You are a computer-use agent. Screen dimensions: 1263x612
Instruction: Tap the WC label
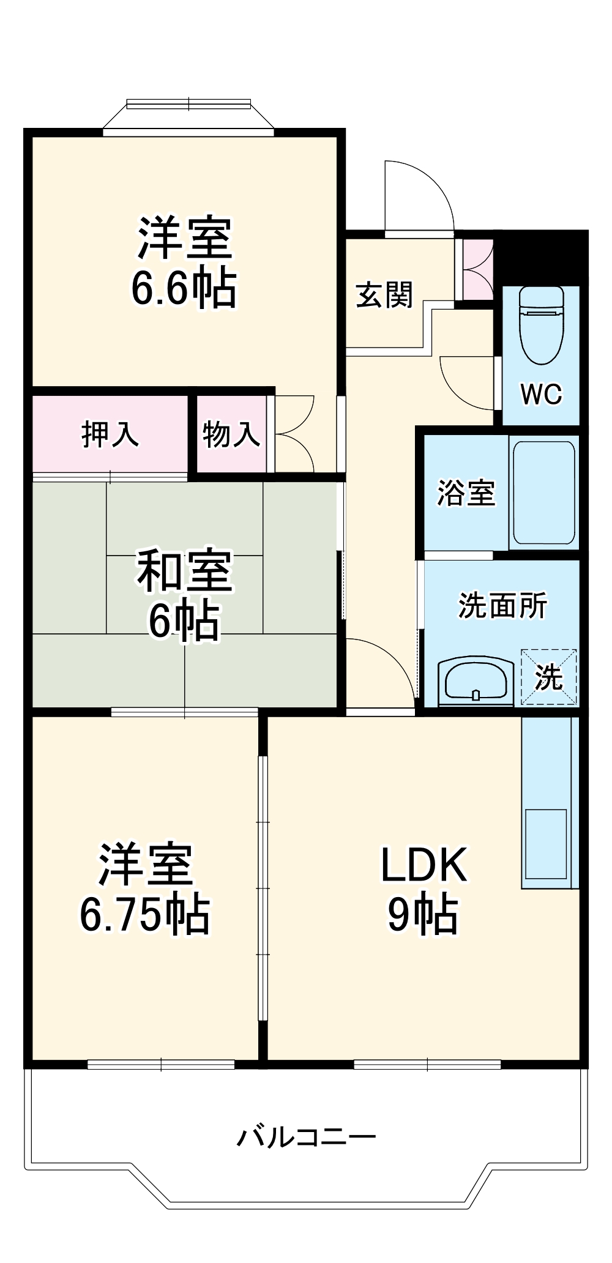541,395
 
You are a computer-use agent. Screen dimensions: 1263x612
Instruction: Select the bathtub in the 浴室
543,493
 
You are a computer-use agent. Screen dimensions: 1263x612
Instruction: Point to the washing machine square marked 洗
548,677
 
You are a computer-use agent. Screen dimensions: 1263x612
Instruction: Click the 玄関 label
384,295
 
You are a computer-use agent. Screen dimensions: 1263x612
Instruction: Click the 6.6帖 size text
184,289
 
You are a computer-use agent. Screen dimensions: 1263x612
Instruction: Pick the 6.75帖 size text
145,915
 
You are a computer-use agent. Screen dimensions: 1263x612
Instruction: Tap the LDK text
424,865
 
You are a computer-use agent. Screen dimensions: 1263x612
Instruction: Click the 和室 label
184,572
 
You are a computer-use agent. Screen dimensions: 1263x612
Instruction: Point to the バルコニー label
306,1137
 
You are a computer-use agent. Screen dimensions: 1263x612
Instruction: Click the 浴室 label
465,493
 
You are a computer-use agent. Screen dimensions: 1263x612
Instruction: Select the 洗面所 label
502,606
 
